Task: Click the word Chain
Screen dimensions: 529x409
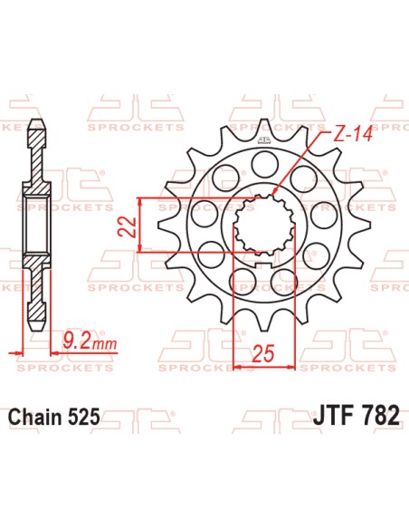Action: click(x=33, y=418)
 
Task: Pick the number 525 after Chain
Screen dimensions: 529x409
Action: click(x=83, y=418)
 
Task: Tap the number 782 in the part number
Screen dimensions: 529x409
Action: click(x=377, y=418)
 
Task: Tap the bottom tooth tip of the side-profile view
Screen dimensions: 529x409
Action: click(x=38, y=331)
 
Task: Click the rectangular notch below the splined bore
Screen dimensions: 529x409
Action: click(x=262, y=264)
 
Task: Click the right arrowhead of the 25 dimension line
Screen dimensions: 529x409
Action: click(x=290, y=367)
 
